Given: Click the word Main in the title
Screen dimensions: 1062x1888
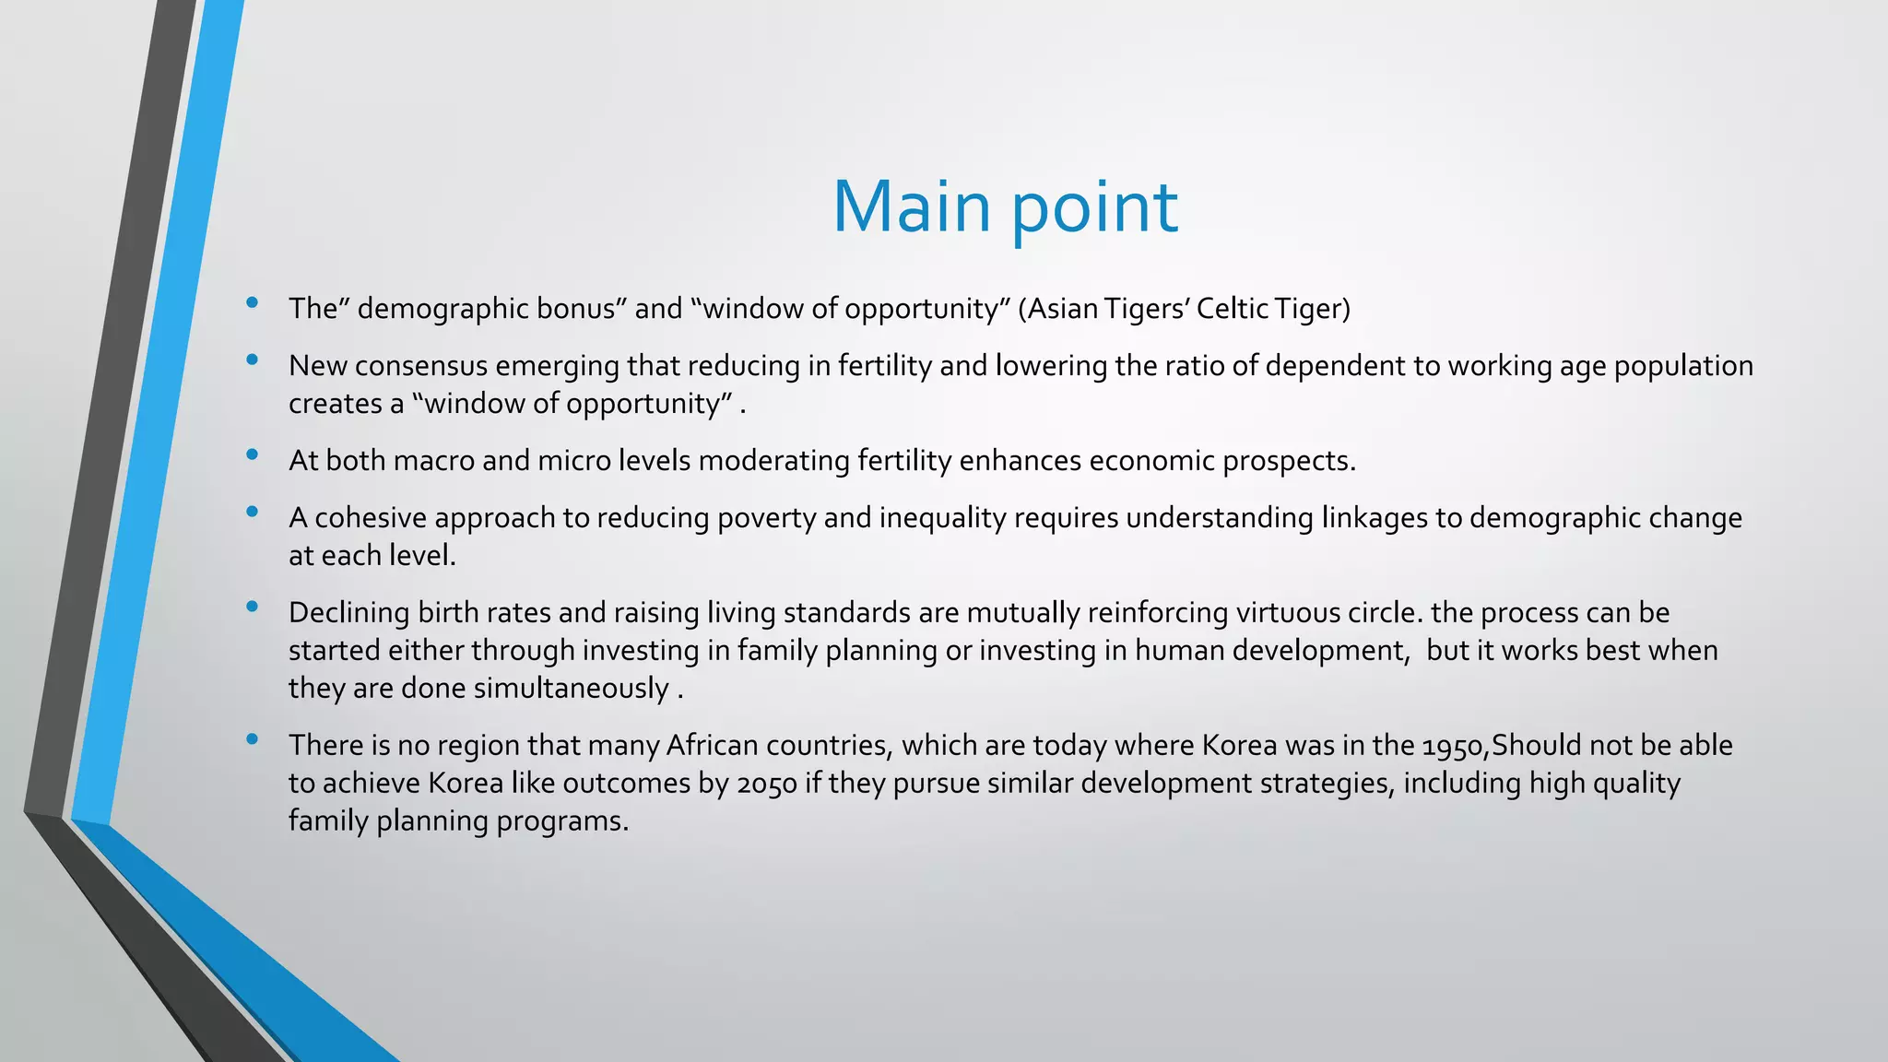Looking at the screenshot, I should point(911,206).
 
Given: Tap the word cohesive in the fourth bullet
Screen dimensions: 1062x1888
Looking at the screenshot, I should point(371,518).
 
